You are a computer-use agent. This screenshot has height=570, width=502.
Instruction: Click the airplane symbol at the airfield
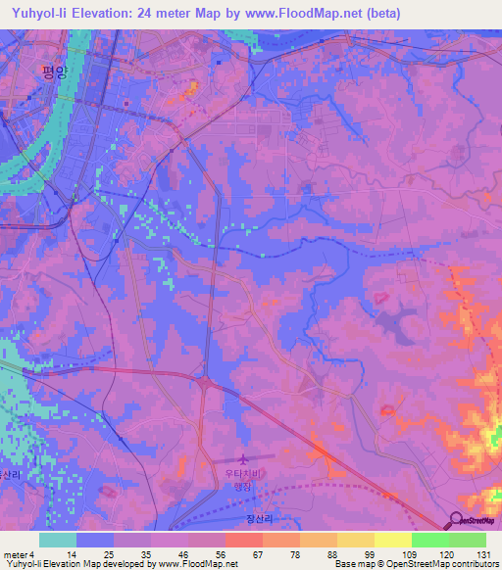point(244,458)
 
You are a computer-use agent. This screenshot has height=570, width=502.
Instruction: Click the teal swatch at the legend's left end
point(58,540)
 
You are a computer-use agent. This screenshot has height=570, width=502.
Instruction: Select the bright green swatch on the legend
point(429,540)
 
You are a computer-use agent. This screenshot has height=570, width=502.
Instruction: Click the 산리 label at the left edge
point(9,474)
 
